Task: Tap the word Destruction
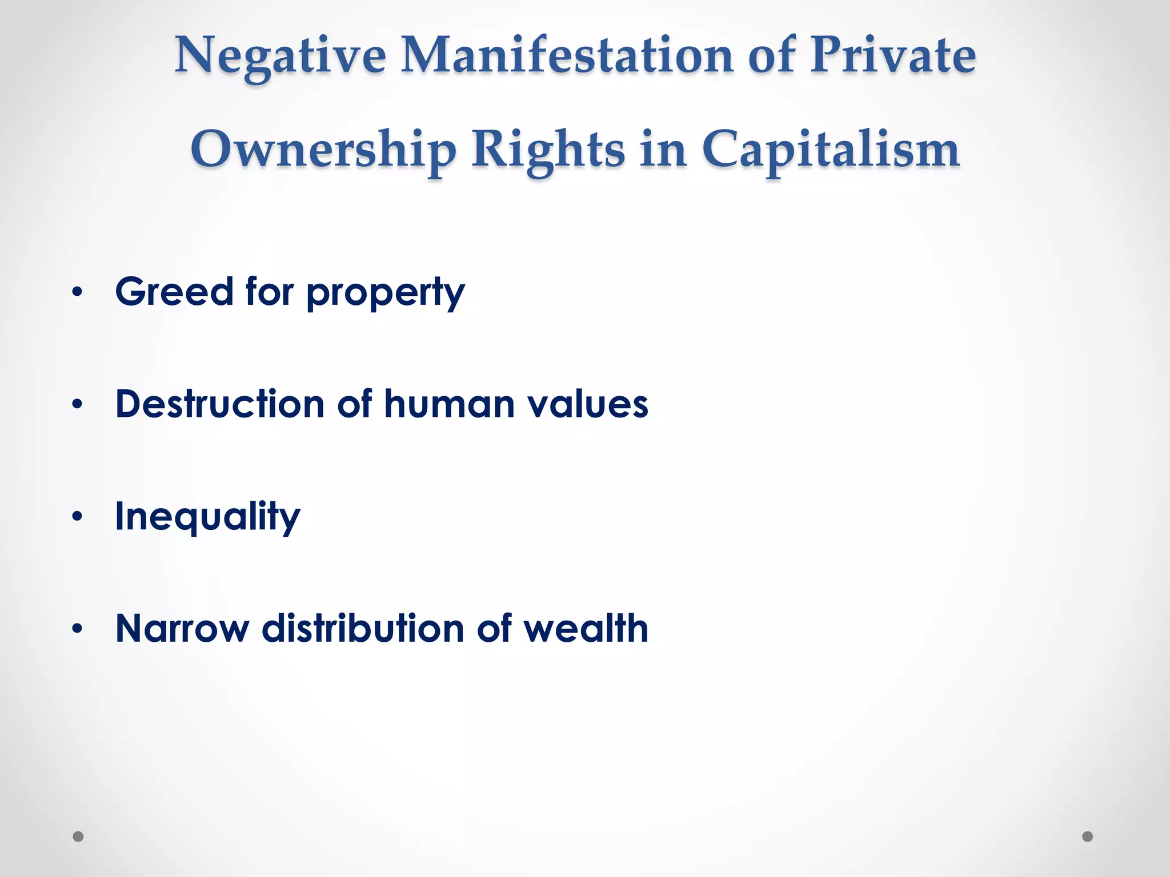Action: tap(220, 404)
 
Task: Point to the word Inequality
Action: tap(207, 517)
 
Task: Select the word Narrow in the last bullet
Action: tap(182, 629)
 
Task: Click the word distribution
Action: tap(362, 629)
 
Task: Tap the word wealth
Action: tap(586, 629)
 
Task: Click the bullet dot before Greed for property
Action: tap(78, 292)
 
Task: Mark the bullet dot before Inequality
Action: tap(78, 517)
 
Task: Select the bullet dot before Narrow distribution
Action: tap(78, 629)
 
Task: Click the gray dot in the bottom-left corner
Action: tap(78, 836)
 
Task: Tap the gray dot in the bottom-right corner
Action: tap(1088, 836)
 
